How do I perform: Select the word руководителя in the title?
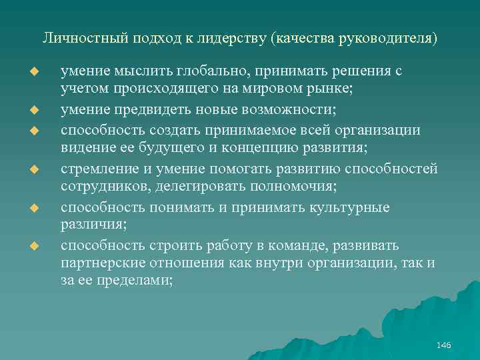[x=394, y=38]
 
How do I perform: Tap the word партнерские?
[x=101, y=263]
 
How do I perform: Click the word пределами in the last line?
[x=138, y=279]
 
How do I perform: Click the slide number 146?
[x=443, y=345]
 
